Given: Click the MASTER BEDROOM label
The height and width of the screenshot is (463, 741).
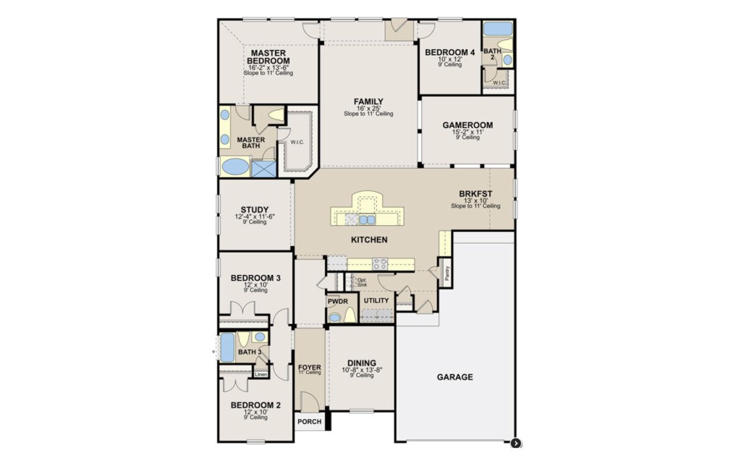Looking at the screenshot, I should [x=269, y=57].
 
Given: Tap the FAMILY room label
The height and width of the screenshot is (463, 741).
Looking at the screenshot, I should [x=368, y=101].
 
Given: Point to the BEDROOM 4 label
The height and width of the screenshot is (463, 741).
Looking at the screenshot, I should [x=449, y=52].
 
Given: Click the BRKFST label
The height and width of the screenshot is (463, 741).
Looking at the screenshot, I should [x=475, y=194].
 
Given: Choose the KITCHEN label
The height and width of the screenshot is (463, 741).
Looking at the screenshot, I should [x=369, y=239].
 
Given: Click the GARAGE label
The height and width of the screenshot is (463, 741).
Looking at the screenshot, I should [x=455, y=377].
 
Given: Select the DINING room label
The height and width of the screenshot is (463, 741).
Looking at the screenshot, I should [x=361, y=363].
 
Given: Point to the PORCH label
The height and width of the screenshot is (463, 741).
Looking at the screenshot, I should [x=309, y=422].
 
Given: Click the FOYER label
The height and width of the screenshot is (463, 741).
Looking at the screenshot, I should [x=310, y=368].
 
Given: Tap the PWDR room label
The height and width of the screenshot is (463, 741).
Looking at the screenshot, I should [x=337, y=300].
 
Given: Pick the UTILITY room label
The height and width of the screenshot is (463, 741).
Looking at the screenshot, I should [x=376, y=300].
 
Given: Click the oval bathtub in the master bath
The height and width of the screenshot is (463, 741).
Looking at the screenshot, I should [x=234, y=167].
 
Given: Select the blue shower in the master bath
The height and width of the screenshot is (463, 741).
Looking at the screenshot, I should [x=263, y=168].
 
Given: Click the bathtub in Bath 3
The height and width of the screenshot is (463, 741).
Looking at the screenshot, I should [x=227, y=347].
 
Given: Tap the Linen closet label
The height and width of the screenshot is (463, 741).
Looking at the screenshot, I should [x=261, y=375].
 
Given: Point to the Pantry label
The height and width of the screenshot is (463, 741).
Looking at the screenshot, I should [x=448, y=273].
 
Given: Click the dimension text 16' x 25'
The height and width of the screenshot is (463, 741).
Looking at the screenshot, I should [x=368, y=109].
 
